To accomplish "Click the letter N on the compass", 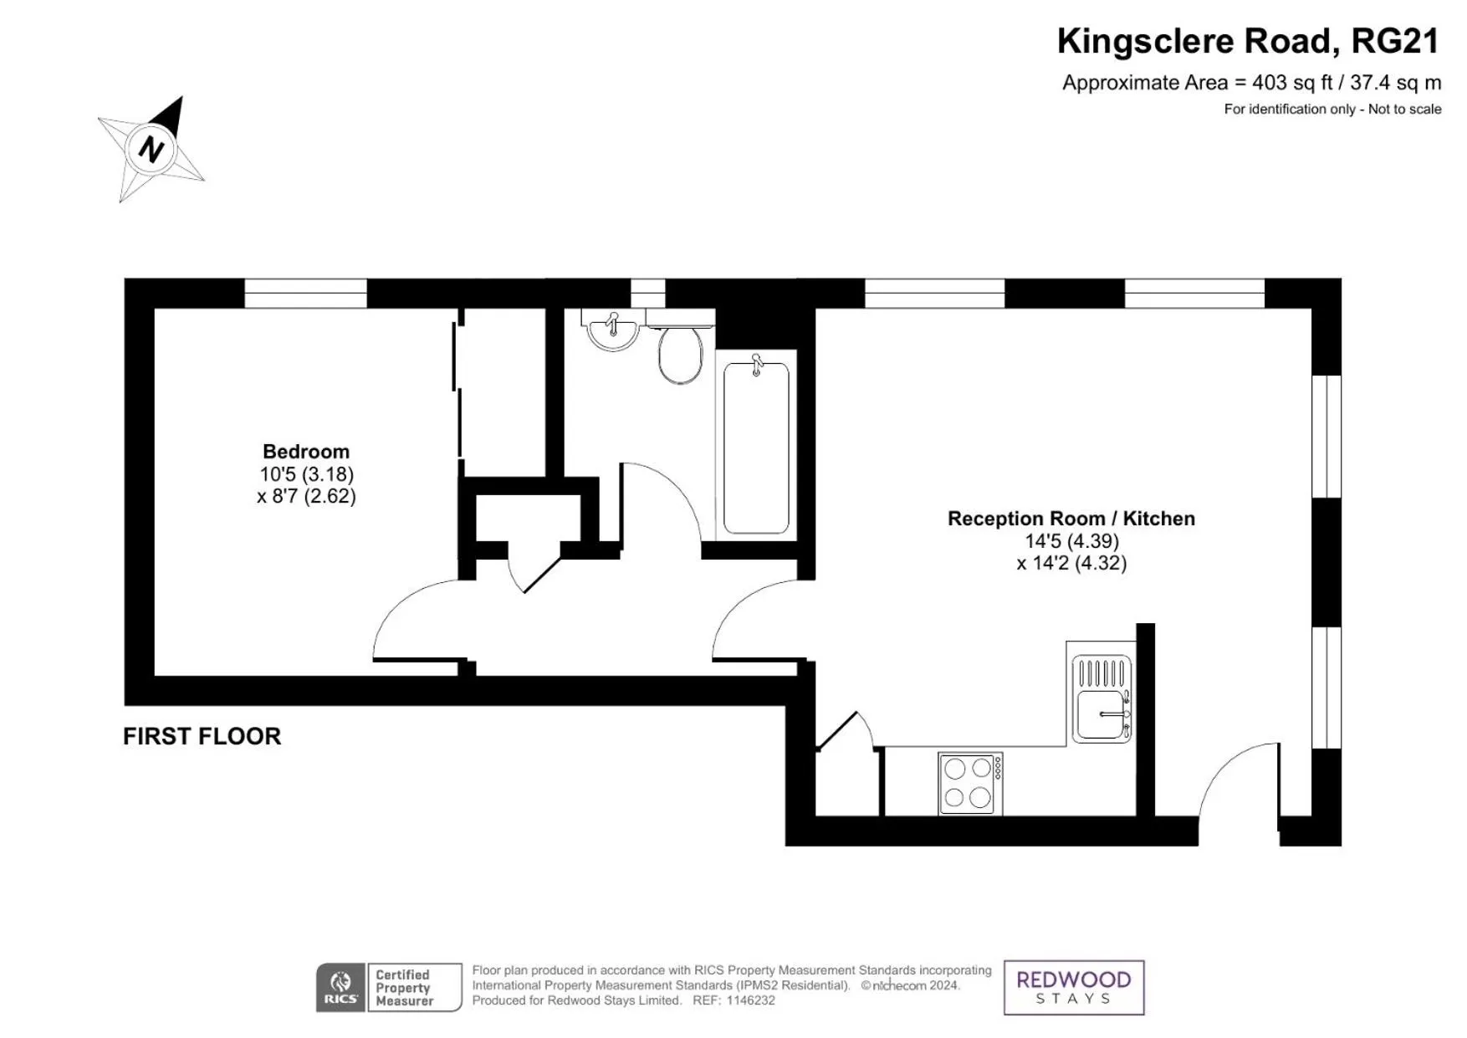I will pyautogui.click(x=151, y=150).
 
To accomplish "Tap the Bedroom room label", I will pyautogui.click(x=305, y=452).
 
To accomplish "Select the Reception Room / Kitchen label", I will pyautogui.click(x=1071, y=519).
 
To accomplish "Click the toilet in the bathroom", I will pyautogui.click(x=680, y=353).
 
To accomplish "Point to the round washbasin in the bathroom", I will pyautogui.click(x=613, y=331).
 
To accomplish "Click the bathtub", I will pyautogui.click(x=756, y=447).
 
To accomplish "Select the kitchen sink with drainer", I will pyautogui.click(x=1102, y=698).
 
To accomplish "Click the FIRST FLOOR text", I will pyautogui.click(x=202, y=736).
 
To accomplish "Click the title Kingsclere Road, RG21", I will pyautogui.click(x=1247, y=41).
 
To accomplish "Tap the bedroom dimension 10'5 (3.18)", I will pyautogui.click(x=306, y=474).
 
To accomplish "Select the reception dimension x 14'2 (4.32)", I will pyautogui.click(x=1071, y=563).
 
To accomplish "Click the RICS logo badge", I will pyautogui.click(x=340, y=988).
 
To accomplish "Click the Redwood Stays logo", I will pyautogui.click(x=1073, y=987).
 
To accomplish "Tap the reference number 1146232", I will pyautogui.click(x=750, y=1000).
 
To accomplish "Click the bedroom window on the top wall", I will pyautogui.click(x=305, y=294).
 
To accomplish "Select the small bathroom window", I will pyautogui.click(x=647, y=294).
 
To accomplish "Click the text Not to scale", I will pyautogui.click(x=1404, y=109).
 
